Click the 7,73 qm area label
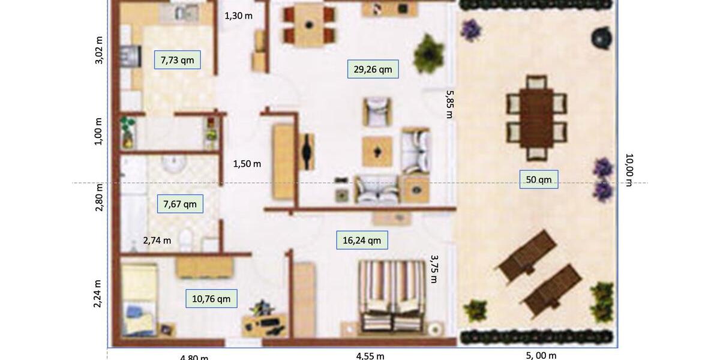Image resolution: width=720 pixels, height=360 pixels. (x=177, y=60)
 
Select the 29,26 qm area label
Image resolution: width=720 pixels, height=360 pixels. (x=373, y=69)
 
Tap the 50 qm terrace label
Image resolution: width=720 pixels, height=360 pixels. (x=539, y=179)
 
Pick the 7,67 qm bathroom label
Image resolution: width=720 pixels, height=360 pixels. (x=180, y=204)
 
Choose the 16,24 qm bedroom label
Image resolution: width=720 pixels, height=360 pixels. (x=361, y=241)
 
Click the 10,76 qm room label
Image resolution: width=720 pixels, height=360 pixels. (x=211, y=299)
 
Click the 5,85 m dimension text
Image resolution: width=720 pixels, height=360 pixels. (x=449, y=104)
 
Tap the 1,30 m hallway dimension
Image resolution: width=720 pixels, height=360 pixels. (x=238, y=16)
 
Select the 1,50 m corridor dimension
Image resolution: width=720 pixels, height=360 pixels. (x=247, y=164)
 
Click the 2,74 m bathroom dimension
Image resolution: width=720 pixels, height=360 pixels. (x=157, y=241)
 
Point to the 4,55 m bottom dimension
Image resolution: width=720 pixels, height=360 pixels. (x=370, y=356)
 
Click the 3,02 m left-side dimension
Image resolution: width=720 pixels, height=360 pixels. (x=99, y=50)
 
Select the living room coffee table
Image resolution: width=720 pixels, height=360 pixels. (x=377, y=151)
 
